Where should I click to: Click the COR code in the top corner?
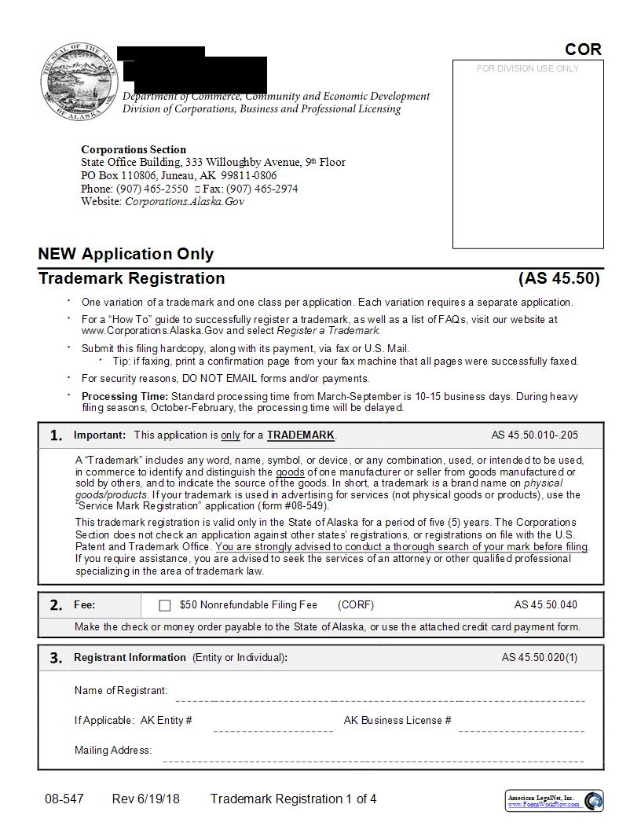click(583, 50)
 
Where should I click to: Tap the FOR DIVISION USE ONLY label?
click(527, 69)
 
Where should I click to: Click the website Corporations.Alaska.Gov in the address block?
click(185, 202)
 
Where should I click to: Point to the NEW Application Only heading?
click(126, 254)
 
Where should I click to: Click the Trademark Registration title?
click(131, 278)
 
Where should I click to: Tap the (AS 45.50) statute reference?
click(559, 278)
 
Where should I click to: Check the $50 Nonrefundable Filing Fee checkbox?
click(164, 605)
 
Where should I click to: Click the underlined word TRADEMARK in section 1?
click(301, 435)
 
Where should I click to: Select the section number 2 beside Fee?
click(56, 605)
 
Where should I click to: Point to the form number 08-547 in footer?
click(64, 799)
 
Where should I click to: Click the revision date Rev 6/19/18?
click(145, 799)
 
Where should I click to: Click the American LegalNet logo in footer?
click(554, 801)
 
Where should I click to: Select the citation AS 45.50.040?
click(545, 605)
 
